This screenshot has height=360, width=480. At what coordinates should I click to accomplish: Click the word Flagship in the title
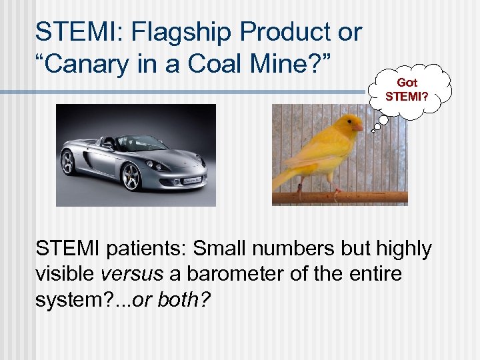175,31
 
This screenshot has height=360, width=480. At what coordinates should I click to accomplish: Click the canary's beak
359,127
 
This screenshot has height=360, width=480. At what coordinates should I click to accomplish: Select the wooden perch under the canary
340,197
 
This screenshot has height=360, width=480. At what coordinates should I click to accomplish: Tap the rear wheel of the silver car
69,162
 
